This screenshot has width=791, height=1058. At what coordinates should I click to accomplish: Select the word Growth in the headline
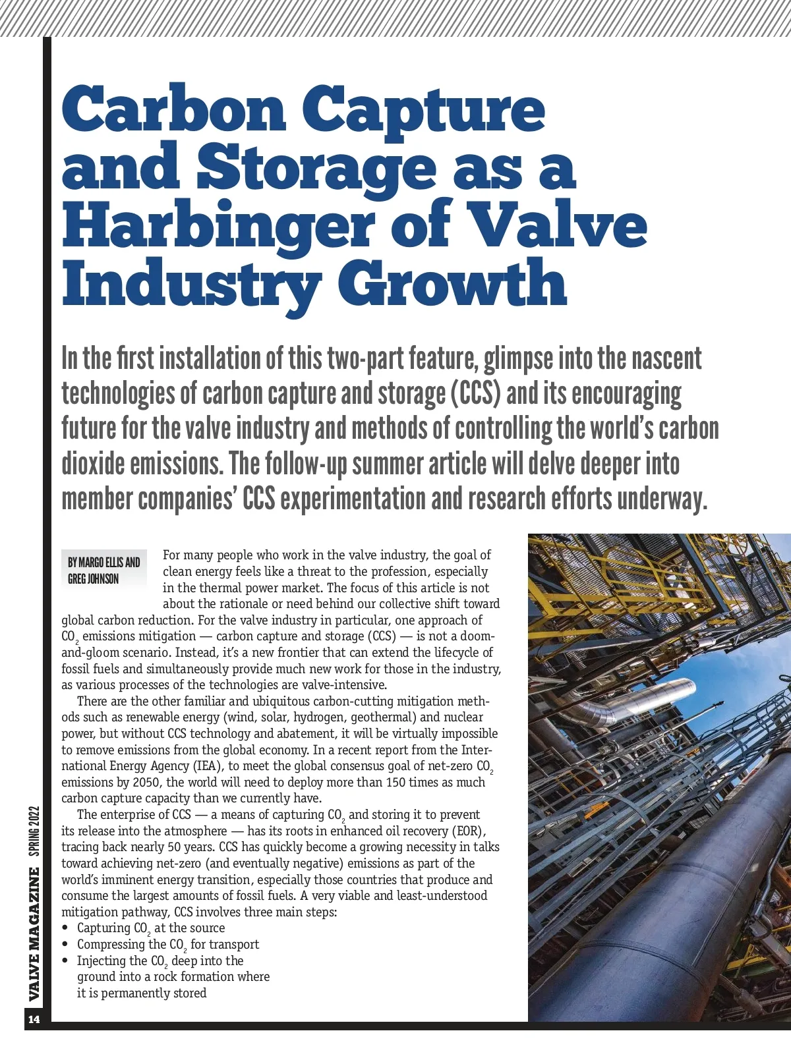pyautogui.click(x=452, y=283)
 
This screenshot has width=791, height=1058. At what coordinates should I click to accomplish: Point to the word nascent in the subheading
pyautogui.click(x=666, y=360)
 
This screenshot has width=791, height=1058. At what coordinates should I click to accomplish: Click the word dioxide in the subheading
pyautogui.click(x=93, y=464)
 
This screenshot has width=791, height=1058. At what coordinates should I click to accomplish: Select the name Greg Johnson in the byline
pyautogui.click(x=94, y=579)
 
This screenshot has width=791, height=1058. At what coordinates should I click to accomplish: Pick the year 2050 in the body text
pyautogui.click(x=147, y=782)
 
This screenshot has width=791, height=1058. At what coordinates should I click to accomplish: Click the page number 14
pyautogui.click(x=34, y=1020)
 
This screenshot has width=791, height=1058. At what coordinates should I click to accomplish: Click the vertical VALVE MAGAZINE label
pyautogui.click(x=34, y=934)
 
